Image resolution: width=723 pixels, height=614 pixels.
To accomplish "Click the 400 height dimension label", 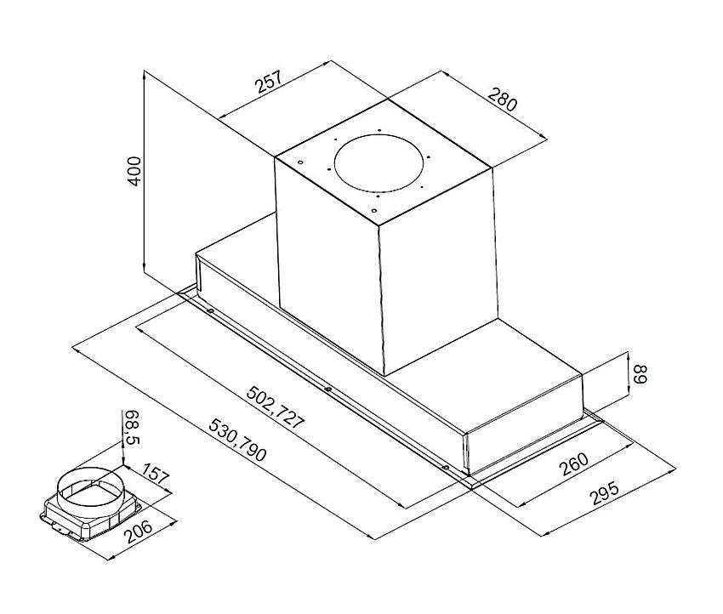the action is pos(134,171).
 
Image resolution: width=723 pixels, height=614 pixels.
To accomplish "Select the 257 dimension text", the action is pos(268,82).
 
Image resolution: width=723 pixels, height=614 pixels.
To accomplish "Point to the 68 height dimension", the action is pos(640,374).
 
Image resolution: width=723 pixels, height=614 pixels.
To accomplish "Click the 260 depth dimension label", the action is pos(573,464).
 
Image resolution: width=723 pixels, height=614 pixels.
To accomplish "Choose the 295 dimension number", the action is pos(605,494).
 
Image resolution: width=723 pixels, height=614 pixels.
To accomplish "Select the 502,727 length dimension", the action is pos(276,408).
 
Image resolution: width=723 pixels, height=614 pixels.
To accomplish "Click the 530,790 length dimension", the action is pos(237,441).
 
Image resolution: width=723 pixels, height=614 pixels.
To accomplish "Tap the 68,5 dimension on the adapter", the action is pos(132,427).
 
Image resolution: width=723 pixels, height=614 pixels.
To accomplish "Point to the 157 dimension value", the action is pos(155,474).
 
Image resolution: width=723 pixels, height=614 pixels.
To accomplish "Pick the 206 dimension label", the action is pos(139,532).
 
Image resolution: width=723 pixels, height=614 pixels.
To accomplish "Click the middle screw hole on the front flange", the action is pos(327,389).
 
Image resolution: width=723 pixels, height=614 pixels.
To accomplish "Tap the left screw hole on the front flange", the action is pos(210,311).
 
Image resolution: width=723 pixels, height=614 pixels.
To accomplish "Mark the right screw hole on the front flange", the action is pos(446,468).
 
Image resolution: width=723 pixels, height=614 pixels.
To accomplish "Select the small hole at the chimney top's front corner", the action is pos(374,211).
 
